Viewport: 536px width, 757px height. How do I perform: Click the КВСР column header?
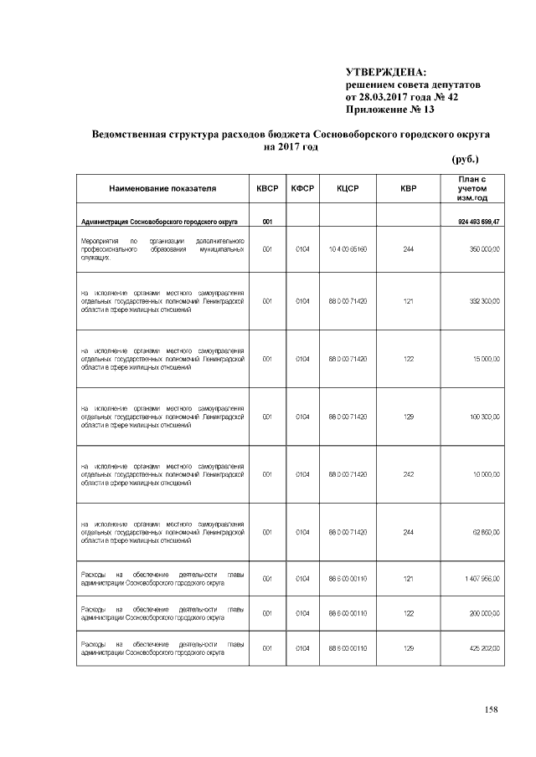coord(266,189)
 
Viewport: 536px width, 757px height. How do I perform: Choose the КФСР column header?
coord(302,189)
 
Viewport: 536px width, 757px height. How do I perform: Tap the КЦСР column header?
coord(348,189)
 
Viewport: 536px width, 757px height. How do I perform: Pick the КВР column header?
coord(408,189)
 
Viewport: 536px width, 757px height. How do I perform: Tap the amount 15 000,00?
coord(486,358)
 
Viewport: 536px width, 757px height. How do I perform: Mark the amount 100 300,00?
coord(484,416)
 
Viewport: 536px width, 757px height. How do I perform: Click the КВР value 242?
coord(408,473)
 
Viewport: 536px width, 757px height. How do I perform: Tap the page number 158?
coord(491,710)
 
